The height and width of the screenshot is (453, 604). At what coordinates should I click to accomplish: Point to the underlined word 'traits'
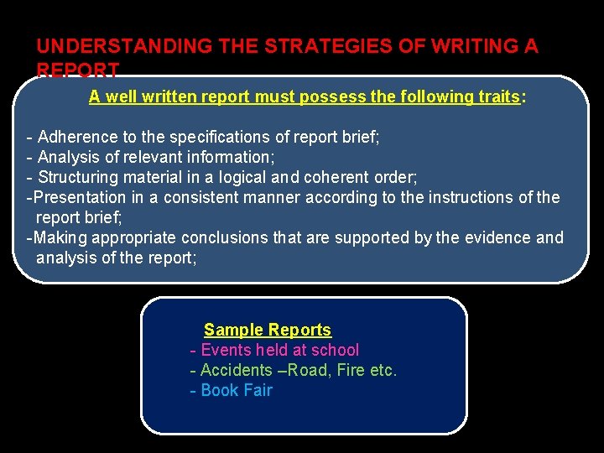[x=494, y=96]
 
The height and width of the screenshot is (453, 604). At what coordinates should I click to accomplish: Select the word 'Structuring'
[x=80, y=177]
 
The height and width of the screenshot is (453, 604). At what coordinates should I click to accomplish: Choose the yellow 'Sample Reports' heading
[x=268, y=330]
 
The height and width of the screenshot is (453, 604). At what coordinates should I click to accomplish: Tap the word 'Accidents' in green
[x=237, y=370]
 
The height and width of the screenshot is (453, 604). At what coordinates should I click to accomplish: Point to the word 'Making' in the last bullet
[x=61, y=237]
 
